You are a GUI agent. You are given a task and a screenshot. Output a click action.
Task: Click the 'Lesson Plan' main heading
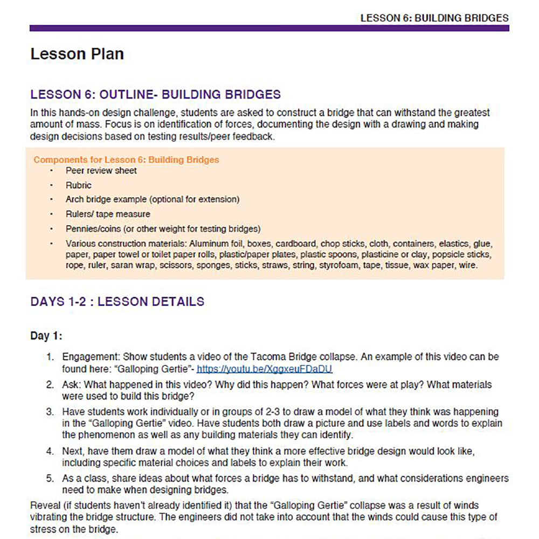click(x=77, y=54)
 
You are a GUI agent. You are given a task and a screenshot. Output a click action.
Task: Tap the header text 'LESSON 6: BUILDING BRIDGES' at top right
click(x=434, y=18)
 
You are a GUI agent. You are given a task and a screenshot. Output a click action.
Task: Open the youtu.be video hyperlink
click(x=264, y=369)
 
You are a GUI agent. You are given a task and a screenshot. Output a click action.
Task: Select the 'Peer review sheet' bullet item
click(x=101, y=171)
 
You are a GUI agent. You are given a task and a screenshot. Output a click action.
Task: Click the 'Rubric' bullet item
click(x=79, y=185)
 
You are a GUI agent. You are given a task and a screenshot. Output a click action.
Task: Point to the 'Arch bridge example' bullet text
click(x=153, y=199)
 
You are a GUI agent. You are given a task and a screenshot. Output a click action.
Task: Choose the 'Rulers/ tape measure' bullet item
click(x=108, y=214)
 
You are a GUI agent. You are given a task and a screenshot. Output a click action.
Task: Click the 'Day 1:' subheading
click(x=46, y=336)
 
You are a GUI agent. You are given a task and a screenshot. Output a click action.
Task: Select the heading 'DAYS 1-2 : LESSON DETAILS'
click(x=118, y=301)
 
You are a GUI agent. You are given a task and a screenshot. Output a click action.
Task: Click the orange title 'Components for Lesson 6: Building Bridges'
click(x=126, y=160)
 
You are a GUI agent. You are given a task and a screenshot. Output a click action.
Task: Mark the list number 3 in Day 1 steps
click(x=50, y=412)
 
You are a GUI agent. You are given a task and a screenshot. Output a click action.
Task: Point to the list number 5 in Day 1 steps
click(x=50, y=479)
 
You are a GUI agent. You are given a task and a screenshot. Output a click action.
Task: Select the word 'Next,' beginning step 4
click(x=74, y=450)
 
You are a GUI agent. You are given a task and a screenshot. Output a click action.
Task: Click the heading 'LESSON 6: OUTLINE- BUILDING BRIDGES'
click(x=156, y=95)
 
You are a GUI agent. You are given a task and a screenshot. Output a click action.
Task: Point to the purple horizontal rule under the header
click(x=269, y=28)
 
